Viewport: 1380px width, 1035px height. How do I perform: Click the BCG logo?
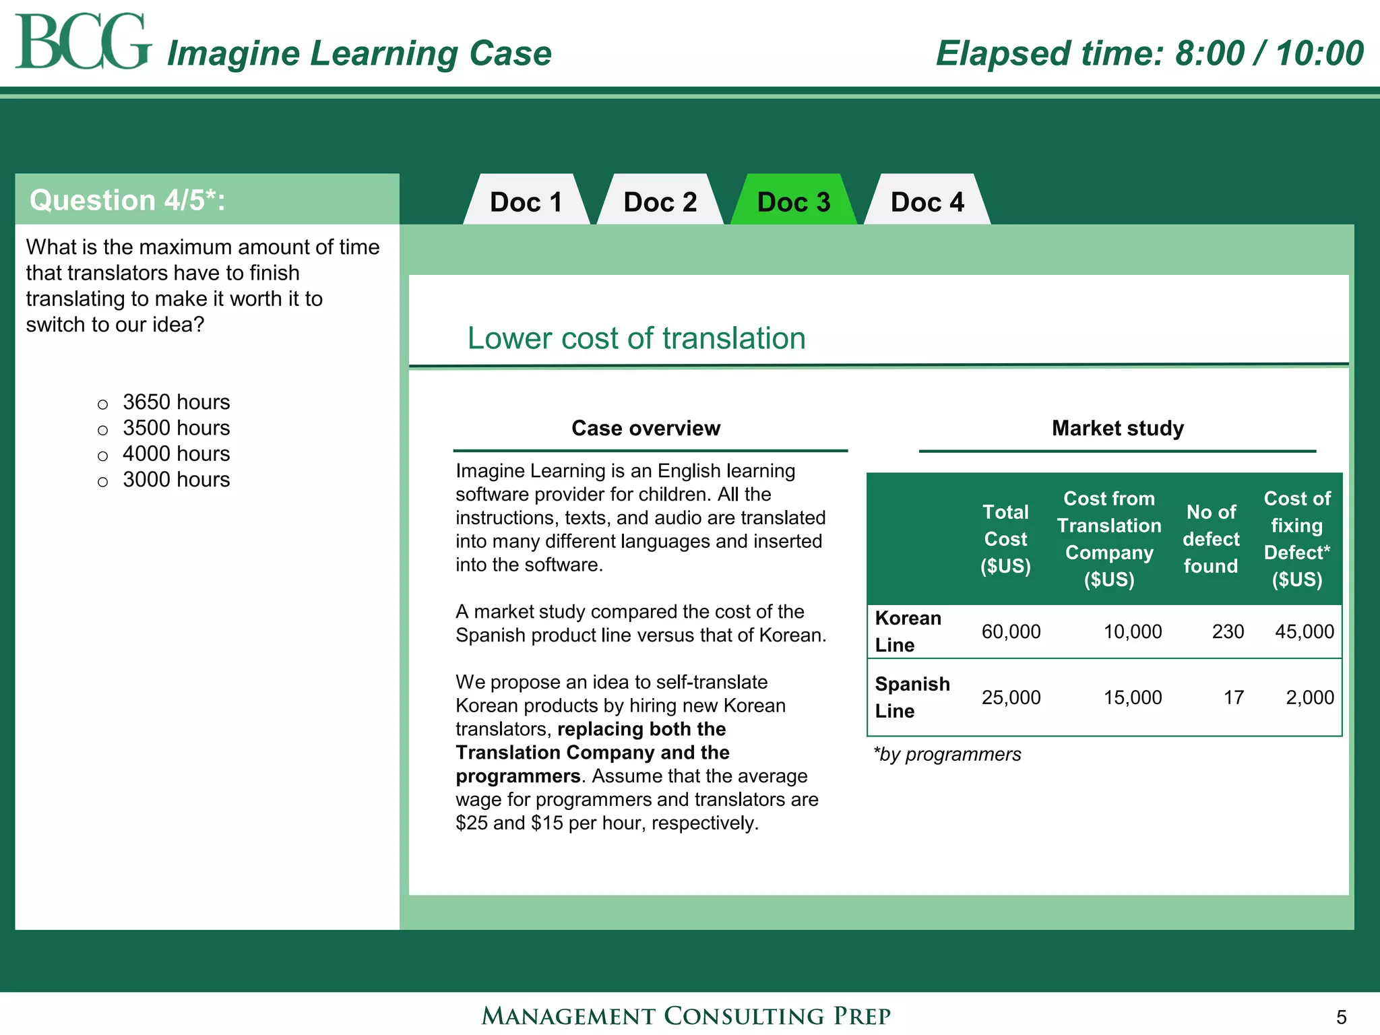[82, 42]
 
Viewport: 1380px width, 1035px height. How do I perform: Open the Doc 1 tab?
[526, 202]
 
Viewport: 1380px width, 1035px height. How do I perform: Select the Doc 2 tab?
[660, 202]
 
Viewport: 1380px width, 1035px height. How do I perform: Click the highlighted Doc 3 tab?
[793, 202]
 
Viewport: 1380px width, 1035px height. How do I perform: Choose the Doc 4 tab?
[927, 202]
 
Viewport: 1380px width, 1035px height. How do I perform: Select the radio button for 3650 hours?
[102, 404]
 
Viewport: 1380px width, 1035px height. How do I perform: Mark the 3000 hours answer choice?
[102, 482]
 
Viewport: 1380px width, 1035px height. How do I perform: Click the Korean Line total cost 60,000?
[1010, 632]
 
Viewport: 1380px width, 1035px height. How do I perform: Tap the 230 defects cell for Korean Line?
[1227, 632]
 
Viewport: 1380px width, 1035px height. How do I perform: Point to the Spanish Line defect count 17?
[1233, 697]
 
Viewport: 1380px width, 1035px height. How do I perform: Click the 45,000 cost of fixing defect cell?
[1304, 632]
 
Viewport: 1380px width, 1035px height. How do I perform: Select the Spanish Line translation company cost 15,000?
[1132, 697]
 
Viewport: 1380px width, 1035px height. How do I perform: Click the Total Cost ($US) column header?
[1005, 539]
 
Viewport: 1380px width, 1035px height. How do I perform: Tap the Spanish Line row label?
[912, 697]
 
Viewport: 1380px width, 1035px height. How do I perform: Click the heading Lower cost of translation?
[636, 338]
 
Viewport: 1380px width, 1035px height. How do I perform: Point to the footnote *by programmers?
[947, 755]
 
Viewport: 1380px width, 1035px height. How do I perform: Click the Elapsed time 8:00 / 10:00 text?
[1150, 53]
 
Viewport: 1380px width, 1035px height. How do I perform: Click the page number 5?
[1341, 1017]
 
